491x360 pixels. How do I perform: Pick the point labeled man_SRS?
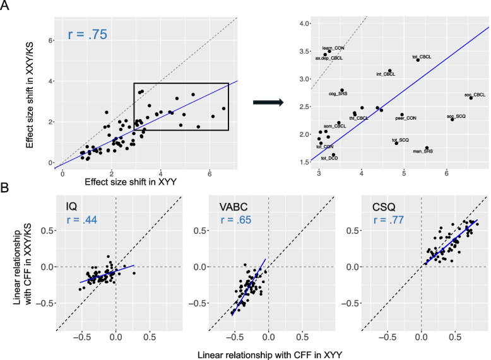click(427, 148)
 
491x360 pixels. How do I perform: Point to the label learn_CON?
click(333, 48)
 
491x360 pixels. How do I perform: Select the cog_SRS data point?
click(342, 90)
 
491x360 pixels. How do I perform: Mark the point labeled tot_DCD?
click(333, 154)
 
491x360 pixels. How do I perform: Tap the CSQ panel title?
click(379, 206)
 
